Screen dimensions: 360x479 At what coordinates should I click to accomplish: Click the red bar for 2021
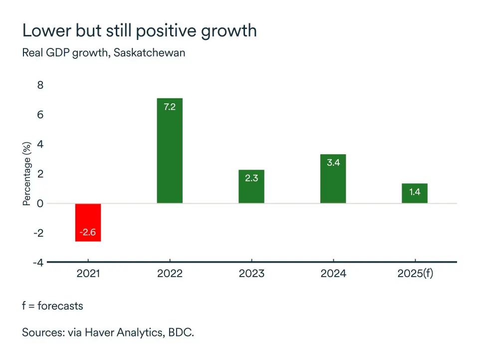click(88, 222)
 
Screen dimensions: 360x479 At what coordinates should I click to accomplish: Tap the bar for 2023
click(251, 187)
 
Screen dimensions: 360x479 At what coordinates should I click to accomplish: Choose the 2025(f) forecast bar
click(414, 193)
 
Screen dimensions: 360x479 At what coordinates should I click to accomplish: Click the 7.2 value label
click(170, 106)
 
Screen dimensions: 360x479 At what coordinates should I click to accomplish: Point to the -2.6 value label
click(88, 233)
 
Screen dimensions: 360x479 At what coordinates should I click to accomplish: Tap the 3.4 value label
click(333, 162)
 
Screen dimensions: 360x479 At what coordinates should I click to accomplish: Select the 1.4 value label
click(414, 192)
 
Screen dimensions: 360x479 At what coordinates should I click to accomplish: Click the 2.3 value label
click(251, 178)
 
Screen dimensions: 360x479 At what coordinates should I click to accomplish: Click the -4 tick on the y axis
click(38, 263)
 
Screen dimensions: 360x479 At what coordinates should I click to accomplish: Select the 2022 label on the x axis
click(170, 274)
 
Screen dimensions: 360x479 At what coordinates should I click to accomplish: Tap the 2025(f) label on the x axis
click(415, 274)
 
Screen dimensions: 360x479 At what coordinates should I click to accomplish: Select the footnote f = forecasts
click(52, 306)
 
